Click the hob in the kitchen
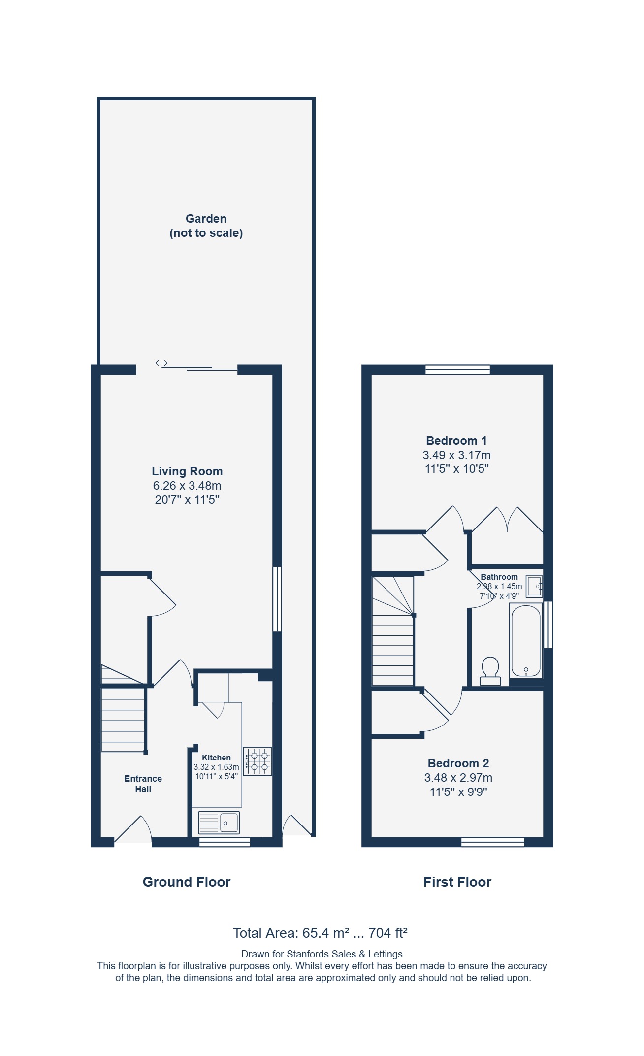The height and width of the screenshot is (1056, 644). tap(258, 761)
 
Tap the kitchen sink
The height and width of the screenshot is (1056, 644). tap(219, 823)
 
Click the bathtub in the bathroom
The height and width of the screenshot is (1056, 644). tap(526, 641)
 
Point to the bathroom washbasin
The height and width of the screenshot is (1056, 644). tap(534, 586)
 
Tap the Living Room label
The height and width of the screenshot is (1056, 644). tap(187, 471)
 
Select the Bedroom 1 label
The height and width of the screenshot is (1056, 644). tap(456, 441)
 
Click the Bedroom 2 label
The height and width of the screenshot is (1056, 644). tap(458, 763)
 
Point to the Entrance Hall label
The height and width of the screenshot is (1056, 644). tap(143, 784)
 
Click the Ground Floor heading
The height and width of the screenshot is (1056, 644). tap(187, 882)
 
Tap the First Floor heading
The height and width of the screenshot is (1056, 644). tap(457, 882)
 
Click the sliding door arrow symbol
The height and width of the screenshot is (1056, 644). tap(161, 363)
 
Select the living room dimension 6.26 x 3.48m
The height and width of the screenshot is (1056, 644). tap(187, 486)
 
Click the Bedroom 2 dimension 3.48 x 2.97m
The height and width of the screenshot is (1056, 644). tap(458, 778)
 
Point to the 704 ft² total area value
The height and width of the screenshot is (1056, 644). tap(388, 933)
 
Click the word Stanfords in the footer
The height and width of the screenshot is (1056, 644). tap(307, 954)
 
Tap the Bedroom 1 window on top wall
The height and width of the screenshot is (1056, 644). tap(458, 369)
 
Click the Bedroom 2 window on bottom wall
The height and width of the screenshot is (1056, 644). tap(493, 842)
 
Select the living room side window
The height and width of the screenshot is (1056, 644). tap(277, 599)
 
